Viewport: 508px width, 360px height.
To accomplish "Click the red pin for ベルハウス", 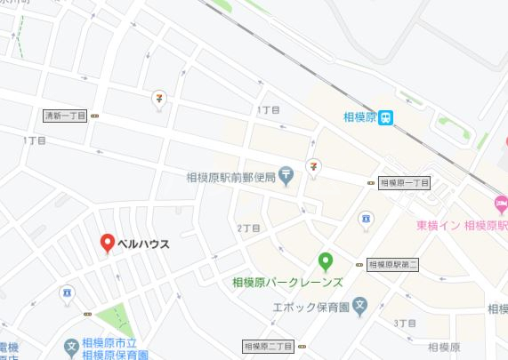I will [x=107, y=242].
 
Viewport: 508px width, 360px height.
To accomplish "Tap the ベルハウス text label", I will [x=143, y=242].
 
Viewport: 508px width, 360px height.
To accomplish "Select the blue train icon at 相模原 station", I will [x=387, y=116].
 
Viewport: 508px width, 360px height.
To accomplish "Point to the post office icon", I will [x=286, y=175].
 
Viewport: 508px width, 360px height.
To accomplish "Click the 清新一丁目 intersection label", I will [x=65, y=116].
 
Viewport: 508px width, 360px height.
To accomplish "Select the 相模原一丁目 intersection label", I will [x=405, y=183].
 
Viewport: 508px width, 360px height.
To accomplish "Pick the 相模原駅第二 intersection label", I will [x=391, y=264].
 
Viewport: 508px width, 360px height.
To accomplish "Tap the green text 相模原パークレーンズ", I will [x=286, y=283].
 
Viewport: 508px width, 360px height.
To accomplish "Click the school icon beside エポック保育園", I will [x=360, y=307].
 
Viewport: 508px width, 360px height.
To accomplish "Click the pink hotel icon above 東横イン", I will [x=500, y=204].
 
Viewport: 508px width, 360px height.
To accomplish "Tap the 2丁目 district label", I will [x=248, y=228].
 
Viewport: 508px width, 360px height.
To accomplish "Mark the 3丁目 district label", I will [x=403, y=321].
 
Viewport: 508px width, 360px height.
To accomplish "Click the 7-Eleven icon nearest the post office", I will [x=313, y=165].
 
